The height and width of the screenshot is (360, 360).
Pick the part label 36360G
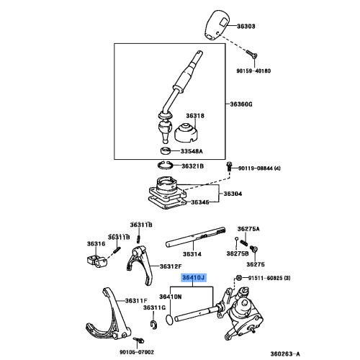tap(242, 104)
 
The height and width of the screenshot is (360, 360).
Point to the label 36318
tap(196, 115)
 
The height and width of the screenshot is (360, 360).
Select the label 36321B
tap(193, 166)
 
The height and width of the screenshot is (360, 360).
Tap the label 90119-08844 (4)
tap(269, 166)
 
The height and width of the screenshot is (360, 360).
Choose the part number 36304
tap(233, 194)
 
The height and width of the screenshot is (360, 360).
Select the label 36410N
tap(171, 297)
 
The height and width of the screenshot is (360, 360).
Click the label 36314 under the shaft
tap(192, 254)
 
